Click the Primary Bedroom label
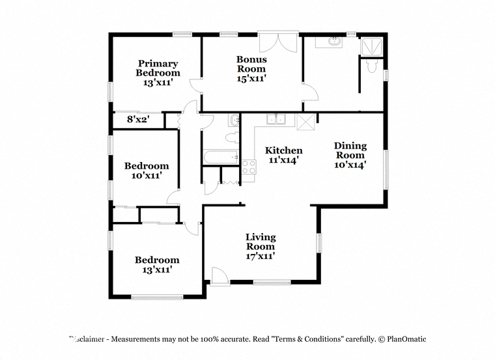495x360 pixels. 158,68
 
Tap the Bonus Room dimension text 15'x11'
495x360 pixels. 251,78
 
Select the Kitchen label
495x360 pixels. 283,150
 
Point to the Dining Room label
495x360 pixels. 350,150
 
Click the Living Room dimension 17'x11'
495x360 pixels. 261,256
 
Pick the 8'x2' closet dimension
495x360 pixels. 138,120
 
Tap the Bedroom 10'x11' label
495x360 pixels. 147,171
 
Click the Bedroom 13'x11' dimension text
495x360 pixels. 157,270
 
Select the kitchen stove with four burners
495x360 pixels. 249,167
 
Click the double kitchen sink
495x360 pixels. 276,119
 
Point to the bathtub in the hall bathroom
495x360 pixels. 220,157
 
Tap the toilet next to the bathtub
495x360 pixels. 233,137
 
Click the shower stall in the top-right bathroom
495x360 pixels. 371,47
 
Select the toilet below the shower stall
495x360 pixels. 372,66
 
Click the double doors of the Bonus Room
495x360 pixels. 278,42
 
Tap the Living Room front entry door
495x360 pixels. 219,277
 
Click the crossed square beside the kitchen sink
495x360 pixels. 306,122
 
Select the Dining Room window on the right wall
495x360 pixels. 386,169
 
